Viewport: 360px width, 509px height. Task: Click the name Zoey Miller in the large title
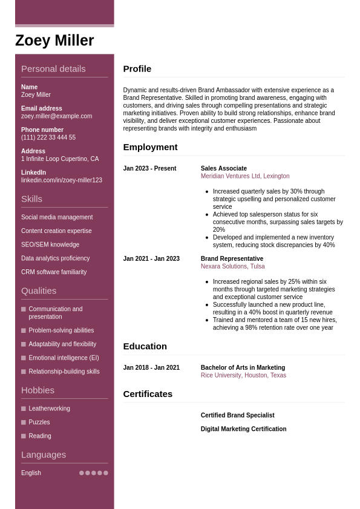click(x=54, y=41)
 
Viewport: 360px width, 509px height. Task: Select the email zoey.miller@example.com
click(x=56, y=116)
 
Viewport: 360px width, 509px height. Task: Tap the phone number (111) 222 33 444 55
click(x=48, y=137)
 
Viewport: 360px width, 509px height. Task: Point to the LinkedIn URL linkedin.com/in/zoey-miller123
click(x=61, y=180)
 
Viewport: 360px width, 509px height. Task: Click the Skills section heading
click(x=31, y=199)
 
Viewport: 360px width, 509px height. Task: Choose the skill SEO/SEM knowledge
click(x=50, y=245)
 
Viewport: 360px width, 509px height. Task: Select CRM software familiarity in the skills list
click(x=54, y=272)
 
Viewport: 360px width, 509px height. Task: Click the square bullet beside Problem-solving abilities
click(x=24, y=330)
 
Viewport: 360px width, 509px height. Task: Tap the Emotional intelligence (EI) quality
click(x=64, y=358)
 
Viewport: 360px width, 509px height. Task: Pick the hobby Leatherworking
click(x=49, y=409)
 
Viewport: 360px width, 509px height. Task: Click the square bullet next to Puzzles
click(x=24, y=422)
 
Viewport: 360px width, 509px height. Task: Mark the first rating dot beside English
click(x=82, y=473)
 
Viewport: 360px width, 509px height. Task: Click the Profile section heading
click(x=137, y=69)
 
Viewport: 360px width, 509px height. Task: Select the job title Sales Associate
click(x=224, y=168)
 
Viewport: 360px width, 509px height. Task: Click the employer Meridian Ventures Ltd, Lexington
click(x=245, y=176)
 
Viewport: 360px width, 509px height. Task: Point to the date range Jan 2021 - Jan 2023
click(x=151, y=258)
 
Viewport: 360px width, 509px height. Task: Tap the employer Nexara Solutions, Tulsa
click(x=232, y=266)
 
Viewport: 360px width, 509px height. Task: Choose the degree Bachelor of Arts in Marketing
click(x=243, y=367)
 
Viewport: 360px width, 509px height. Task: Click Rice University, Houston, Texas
click(x=243, y=375)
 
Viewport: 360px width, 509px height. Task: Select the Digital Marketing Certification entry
click(x=243, y=429)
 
